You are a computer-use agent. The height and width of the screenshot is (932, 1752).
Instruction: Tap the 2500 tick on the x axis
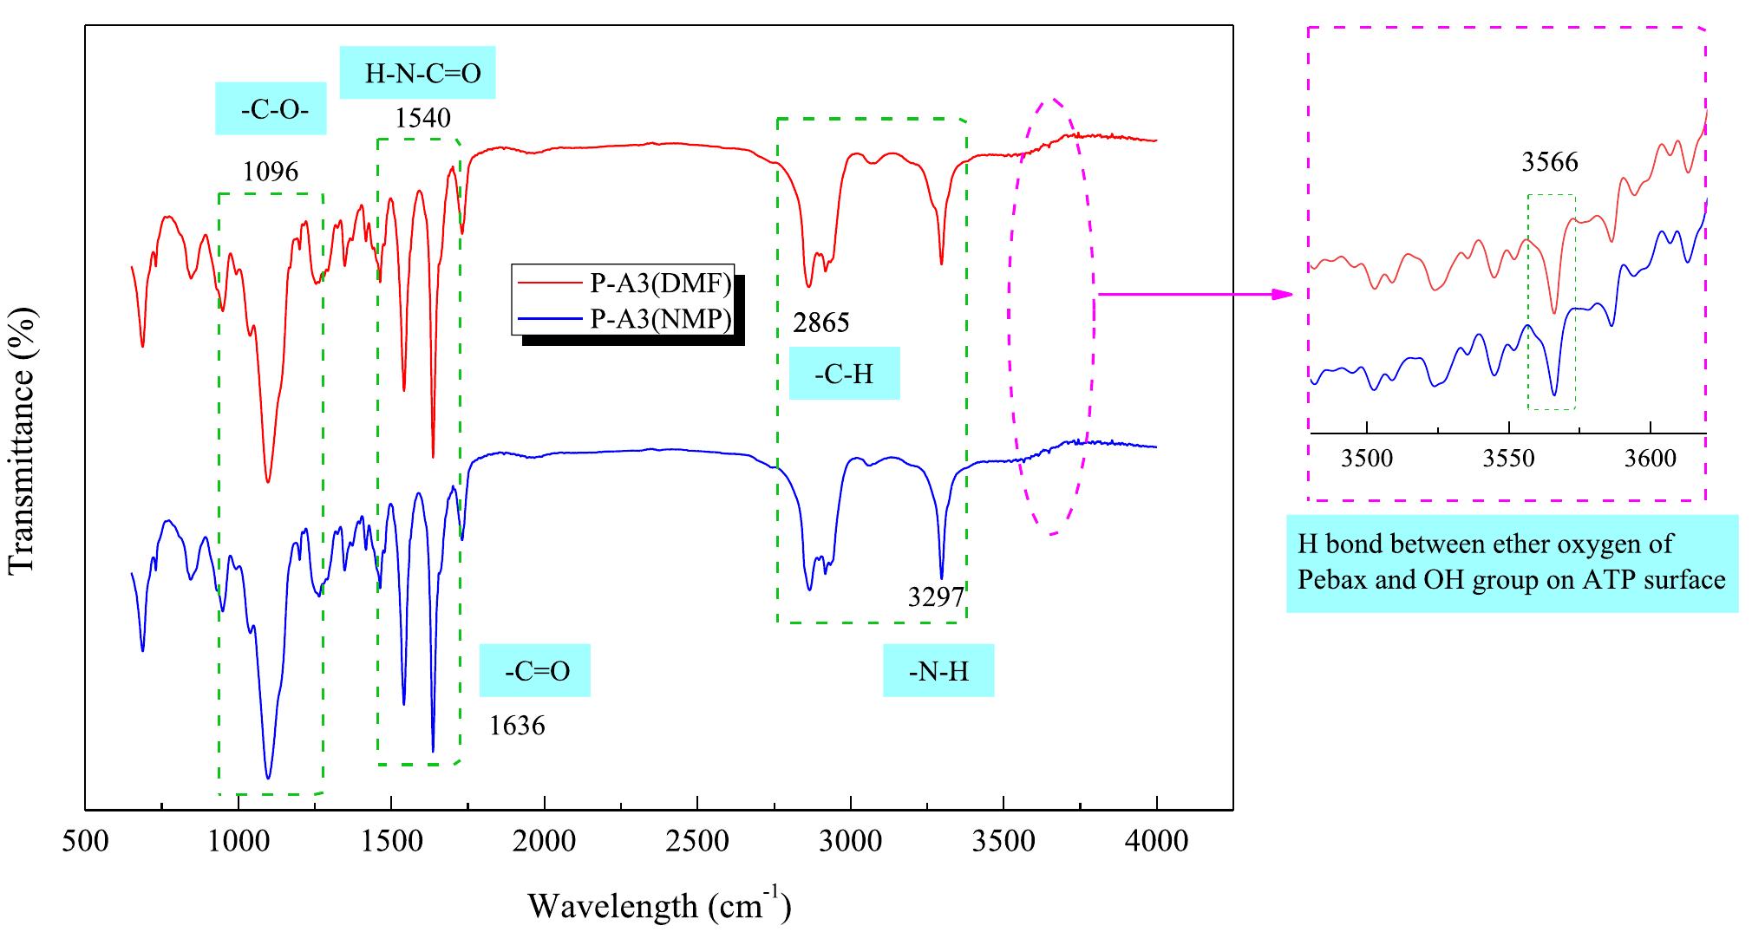pyautogui.click(x=697, y=842)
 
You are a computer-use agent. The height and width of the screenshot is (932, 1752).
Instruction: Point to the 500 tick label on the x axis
pyautogui.click(x=85, y=842)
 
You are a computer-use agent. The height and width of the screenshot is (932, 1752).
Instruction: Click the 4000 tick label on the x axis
pyautogui.click(x=1156, y=842)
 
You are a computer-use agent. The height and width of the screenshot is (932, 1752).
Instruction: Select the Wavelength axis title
pyautogui.click(x=659, y=906)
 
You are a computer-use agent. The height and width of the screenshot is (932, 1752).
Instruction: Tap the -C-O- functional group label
pyautogui.click(x=271, y=109)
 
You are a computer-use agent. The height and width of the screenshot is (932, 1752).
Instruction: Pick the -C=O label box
pyautogui.click(x=535, y=670)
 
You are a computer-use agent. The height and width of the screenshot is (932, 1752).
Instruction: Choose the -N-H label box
pyautogui.click(x=938, y=670)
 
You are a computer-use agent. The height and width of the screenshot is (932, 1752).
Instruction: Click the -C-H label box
pyautogui.click(x=844, y=374)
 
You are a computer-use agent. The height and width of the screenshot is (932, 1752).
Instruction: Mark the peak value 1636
pyautogui.click(x=517, y=725)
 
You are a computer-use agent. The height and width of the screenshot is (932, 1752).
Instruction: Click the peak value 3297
pyautogui.click(x=937, y=596)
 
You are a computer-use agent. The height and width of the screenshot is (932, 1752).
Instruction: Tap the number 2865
pyautogui.click(x=821, y=323)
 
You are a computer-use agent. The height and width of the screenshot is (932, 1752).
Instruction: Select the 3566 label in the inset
pyautogui.click(x=1550, y=162)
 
